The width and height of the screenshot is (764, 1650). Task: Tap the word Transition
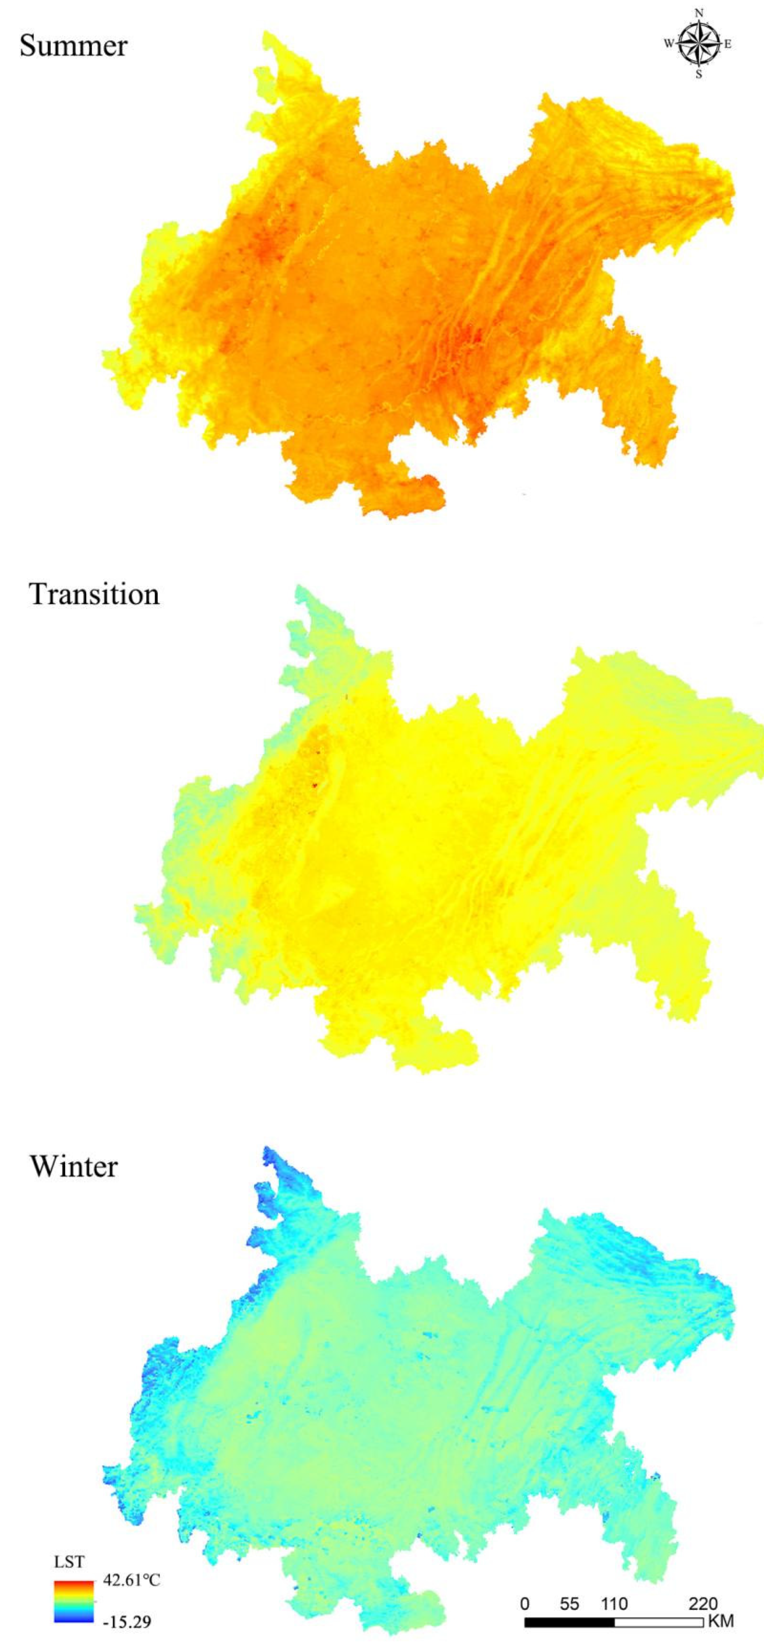coord(94,594)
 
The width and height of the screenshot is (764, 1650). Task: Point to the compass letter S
coord(699,74)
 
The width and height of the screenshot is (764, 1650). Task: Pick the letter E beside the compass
coord(728,44)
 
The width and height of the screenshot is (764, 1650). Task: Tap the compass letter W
coord(668,44)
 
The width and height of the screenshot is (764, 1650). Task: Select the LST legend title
coord(69,1562)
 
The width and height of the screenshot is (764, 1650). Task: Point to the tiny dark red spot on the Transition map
coord(315,785)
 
